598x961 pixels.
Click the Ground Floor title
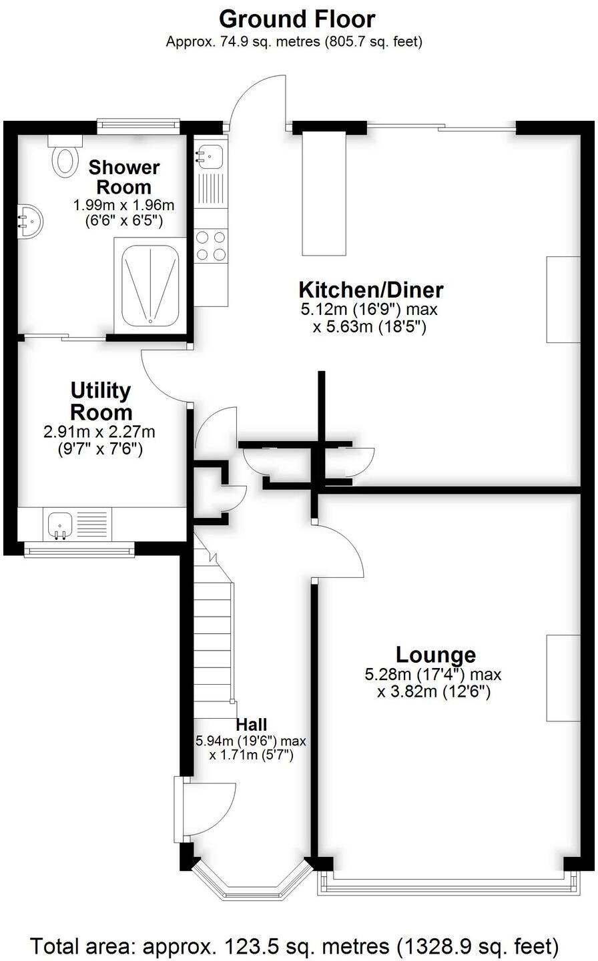tap(297, 18)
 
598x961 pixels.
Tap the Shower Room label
tap(124, 176)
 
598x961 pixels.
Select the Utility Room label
tap(101, 400)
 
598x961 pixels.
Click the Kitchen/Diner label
tap(370, 290)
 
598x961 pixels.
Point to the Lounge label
tap(435, 654)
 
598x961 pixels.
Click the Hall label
tap(252, 725)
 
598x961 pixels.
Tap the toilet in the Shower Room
tap(65, 156)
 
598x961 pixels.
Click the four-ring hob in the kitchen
tap(211, 245)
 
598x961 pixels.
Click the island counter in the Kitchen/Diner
tap(324, 194)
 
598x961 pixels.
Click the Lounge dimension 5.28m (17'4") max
tap(432, 674)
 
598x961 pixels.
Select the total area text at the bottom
tap(294, 946)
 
